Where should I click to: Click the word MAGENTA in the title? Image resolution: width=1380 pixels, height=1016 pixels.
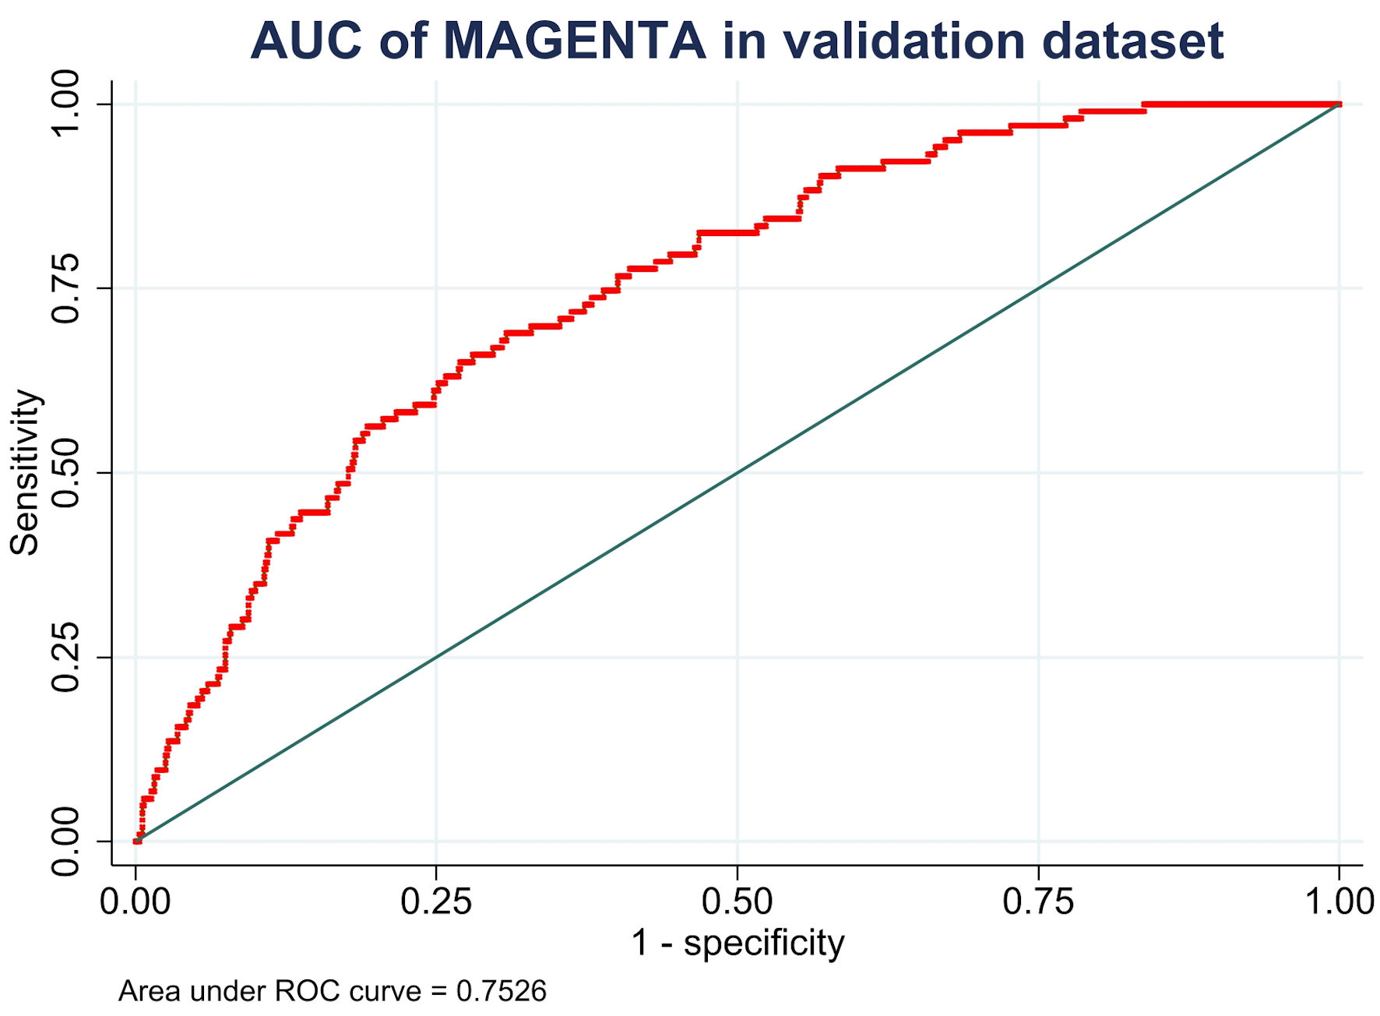click(574, 41)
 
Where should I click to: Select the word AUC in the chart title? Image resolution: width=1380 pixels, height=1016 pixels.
click(306, 41)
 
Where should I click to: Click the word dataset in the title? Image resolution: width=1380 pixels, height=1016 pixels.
click(1132, 41)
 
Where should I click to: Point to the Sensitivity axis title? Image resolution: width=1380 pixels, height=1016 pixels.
click(25, 472)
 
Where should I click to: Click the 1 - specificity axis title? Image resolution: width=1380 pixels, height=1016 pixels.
click(737, 943)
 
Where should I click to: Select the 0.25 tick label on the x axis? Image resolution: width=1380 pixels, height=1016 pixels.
click(436, 902)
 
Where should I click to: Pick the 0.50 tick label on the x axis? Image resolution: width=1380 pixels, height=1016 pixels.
click(737, 902)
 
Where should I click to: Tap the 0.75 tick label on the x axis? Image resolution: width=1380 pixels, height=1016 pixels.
click(1038, 902)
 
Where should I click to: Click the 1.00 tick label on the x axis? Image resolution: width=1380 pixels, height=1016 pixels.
click(1339, 902)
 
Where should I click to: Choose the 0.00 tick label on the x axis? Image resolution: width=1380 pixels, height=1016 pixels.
click(136, 902)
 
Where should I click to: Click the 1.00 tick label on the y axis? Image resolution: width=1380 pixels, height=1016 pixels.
click(65, 104)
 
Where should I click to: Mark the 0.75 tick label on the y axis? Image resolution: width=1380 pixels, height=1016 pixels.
click(65, 288)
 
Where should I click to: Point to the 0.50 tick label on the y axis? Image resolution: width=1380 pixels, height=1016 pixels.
click(65, 473)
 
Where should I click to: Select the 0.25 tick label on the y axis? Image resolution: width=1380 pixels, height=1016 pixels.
click(65, 658)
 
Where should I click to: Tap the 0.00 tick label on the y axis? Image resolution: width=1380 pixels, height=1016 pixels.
click(65, 841)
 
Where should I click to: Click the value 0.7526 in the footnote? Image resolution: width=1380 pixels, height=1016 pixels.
click(502, 991)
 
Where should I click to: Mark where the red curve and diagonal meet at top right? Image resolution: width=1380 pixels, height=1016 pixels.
click(1339, 104)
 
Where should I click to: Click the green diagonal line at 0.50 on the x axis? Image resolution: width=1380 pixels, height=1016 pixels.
click(737, 473)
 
